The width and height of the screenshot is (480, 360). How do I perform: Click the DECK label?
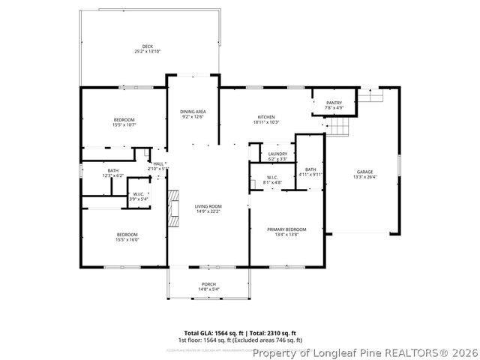(x=148, y=46)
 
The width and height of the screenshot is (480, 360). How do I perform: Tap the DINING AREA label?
(x=193, y=112)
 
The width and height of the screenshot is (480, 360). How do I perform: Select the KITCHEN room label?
(x=267, y=117)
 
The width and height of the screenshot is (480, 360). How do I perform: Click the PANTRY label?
(x=334, y=103)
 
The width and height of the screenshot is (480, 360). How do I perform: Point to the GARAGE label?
(x=364, y=172)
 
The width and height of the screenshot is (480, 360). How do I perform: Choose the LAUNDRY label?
(x=277, y=154)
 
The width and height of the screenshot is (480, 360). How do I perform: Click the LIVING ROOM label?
(x=208, y=206)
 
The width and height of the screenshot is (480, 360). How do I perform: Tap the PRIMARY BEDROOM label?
(x=286, y=229)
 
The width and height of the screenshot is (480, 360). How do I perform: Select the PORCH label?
(x=208, y=284)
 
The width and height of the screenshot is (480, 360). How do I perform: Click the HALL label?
(x=158, y=163)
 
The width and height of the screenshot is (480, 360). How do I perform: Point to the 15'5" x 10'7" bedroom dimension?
(x=124, y=125)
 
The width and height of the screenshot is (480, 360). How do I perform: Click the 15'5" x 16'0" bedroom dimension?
(x=127, y=239)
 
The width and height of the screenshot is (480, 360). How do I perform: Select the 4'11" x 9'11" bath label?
(x=310, y=174)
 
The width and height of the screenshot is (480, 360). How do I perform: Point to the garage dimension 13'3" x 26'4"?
(x=364, y=178)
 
